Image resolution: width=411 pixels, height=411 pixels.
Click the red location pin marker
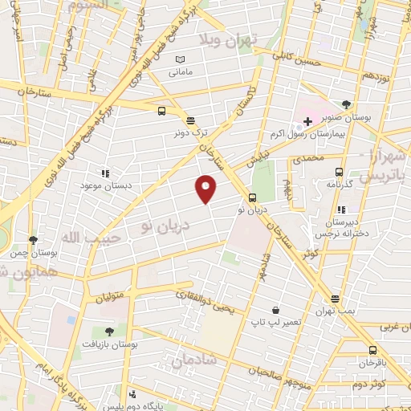pos(206,188)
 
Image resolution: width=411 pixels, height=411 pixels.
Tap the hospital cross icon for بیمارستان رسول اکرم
pos(307,121)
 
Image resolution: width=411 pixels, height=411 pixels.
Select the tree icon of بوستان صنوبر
pos(346,104)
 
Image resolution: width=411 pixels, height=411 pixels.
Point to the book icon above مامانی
pos(180,59)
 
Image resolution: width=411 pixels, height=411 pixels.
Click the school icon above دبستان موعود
pos(104,173)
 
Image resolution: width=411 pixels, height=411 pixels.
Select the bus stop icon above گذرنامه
pos(339,172)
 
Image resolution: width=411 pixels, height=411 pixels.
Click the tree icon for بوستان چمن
pos(33,239)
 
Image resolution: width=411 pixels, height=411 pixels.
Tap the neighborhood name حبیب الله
pos(80,239)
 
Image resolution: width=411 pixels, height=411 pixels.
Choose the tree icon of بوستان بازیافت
pos(109,330)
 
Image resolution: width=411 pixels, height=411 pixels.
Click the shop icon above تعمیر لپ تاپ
pos(275,310)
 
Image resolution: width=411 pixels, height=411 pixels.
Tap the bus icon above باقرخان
pos(372,350)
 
